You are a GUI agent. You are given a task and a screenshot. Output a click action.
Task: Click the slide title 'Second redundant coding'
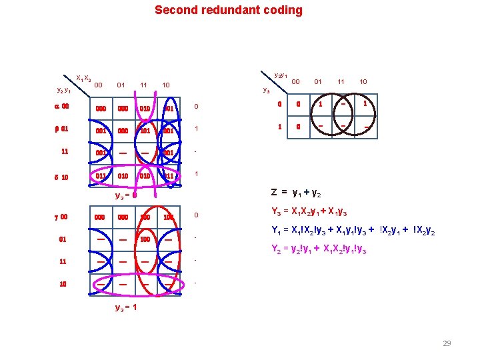pos(228,10)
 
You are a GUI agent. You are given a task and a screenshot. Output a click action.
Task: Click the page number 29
pos(447,343)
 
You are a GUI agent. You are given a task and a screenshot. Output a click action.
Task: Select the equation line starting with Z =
pos(296,193)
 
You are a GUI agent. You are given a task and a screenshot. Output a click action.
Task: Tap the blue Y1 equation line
pos(353,233)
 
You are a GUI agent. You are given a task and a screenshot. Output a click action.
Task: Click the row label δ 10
pos(61,177)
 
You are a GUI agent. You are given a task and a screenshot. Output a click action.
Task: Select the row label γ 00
pos(61,217)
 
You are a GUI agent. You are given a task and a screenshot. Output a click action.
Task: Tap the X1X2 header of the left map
pos(83,78)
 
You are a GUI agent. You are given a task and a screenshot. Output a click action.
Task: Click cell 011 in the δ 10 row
pos(99,176)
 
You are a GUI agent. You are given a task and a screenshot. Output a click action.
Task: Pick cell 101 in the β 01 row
pos(144,131)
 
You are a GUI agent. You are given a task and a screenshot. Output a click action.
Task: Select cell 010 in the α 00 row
pos(144,108)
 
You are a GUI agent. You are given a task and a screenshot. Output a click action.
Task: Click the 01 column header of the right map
pos(318,82)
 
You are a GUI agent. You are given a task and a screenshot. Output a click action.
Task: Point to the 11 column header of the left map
pos(143,85)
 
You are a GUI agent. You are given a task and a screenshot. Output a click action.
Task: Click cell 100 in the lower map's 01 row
pos(144,238)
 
